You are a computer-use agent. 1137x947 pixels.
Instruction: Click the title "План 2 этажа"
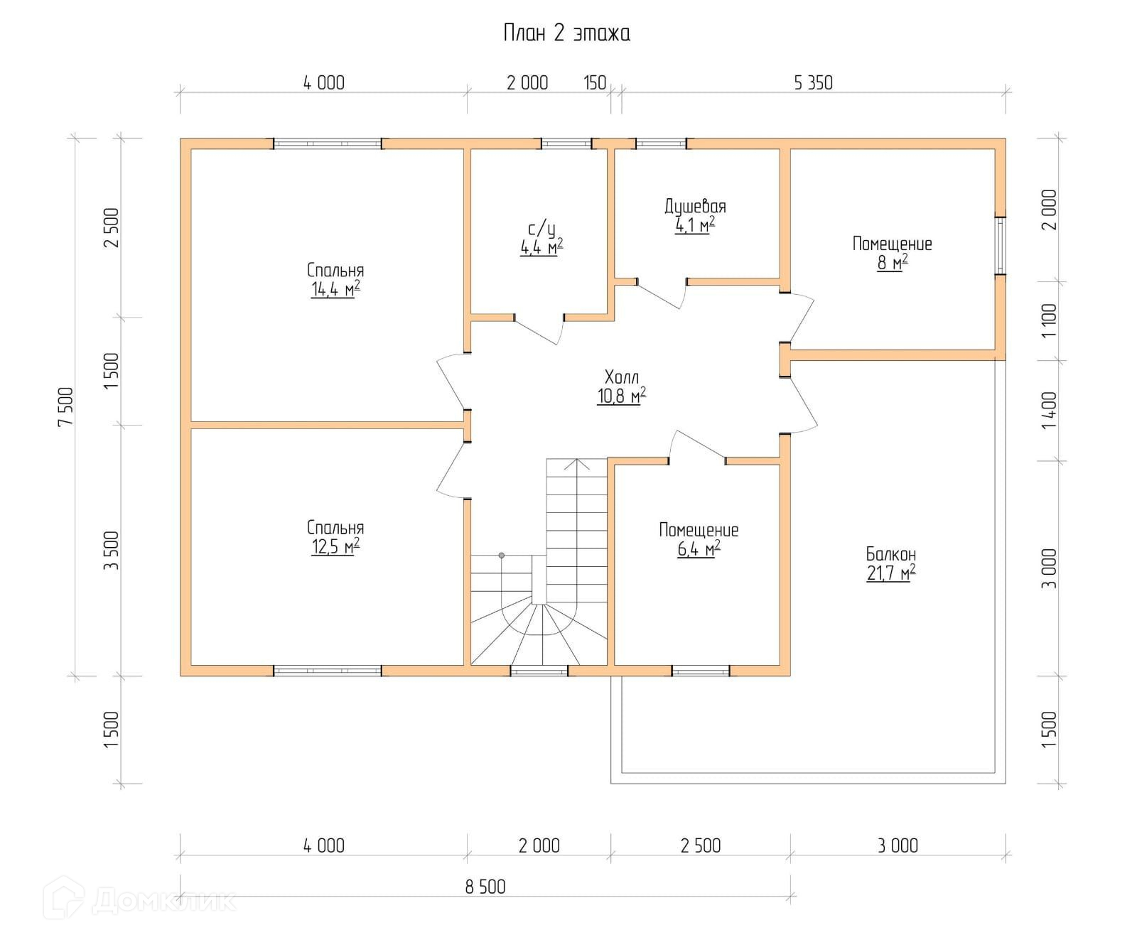[566, 33]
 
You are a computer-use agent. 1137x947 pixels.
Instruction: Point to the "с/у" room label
[541, 229]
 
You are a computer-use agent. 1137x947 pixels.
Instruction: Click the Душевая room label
[695, 207]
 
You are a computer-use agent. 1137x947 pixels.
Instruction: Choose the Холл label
[622, 377]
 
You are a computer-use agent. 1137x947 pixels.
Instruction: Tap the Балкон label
[891, 554]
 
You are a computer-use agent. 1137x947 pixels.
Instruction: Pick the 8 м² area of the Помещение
[893, 263]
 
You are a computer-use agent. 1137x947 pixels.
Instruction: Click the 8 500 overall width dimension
[485, 887]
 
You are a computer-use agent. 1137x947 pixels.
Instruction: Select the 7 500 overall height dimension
[66, 406]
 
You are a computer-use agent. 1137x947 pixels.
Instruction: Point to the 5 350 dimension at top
[813, 83]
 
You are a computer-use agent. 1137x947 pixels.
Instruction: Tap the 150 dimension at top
[595, 83]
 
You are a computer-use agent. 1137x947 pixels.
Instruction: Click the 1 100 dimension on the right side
[1049, 320]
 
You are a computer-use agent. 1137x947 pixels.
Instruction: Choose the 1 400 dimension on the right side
[1049, 411]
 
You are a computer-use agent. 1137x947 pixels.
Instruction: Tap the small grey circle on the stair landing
[501, 555]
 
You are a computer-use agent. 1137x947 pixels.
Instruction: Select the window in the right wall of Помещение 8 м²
[1001, 245]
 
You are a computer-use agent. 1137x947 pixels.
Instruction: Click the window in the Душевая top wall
[661, 144]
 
